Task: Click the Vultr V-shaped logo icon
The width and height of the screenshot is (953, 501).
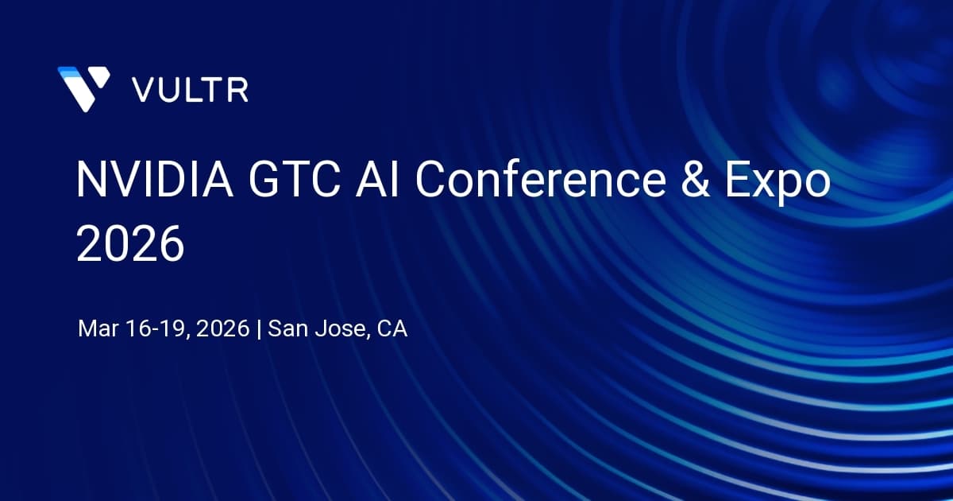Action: (x=83, y=87)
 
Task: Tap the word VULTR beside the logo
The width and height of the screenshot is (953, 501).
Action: (x=190, y=89)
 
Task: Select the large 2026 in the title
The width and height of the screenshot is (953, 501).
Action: (x=130, y=243)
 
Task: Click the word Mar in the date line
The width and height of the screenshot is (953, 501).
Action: (x=98, y=329)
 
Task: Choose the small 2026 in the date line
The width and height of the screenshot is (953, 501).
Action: (x=223, y=329)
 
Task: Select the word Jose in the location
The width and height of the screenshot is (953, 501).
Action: (x=339, y=329)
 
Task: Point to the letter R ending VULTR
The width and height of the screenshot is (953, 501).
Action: (x=238, y=89)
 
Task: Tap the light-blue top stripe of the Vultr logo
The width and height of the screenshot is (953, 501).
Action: (x=68, y=72)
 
